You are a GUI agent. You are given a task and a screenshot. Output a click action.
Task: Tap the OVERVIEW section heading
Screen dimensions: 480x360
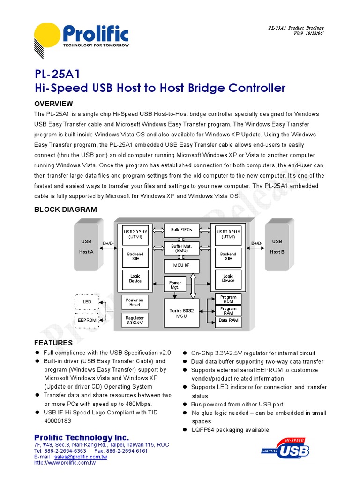pyautogui.click(x=53, y=103)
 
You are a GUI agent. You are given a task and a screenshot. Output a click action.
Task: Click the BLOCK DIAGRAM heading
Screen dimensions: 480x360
pyautogui.click(x=66, y=210)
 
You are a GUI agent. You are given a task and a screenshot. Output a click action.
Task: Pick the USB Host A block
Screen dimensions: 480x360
pyautogui.click(x=86, y=247)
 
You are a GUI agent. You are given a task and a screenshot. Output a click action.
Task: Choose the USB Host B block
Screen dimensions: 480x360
pyautogui.click(x=277, y=247)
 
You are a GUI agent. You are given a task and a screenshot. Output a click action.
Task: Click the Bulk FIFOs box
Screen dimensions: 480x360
pyautogui.click(x=181, y=230)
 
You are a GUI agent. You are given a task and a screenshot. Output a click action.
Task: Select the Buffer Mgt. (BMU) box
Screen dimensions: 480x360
pyautogui.click(x=181, y=248)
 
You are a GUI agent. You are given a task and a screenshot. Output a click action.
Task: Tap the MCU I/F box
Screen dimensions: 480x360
pyautogui.click(x=181, y=266)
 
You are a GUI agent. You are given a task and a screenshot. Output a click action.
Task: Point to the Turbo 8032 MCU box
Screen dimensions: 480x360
pyautogui.click(x=181, y=313)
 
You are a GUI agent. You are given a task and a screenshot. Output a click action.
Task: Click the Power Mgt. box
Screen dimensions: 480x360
pyautogui.click(x=175, y=285)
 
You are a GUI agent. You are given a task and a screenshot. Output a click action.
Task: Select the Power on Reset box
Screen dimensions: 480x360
pyautogui.click(x=135, y=302)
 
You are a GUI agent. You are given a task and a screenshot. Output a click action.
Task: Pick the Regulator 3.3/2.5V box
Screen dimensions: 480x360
pyautogui.click(x=135, y=320)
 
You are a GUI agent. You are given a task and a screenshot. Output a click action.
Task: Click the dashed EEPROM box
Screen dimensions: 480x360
pyautogui.click(x=87, y=320)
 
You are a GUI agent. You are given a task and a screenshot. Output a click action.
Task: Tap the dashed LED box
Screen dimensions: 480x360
pyautogui.click(x=87, y=302)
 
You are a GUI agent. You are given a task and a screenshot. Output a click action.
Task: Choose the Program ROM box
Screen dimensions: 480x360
pyautogui.click(x=228, y=299)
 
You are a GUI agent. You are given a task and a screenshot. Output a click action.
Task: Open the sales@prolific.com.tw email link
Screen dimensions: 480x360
pyautogui.click(x=81, y=457)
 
